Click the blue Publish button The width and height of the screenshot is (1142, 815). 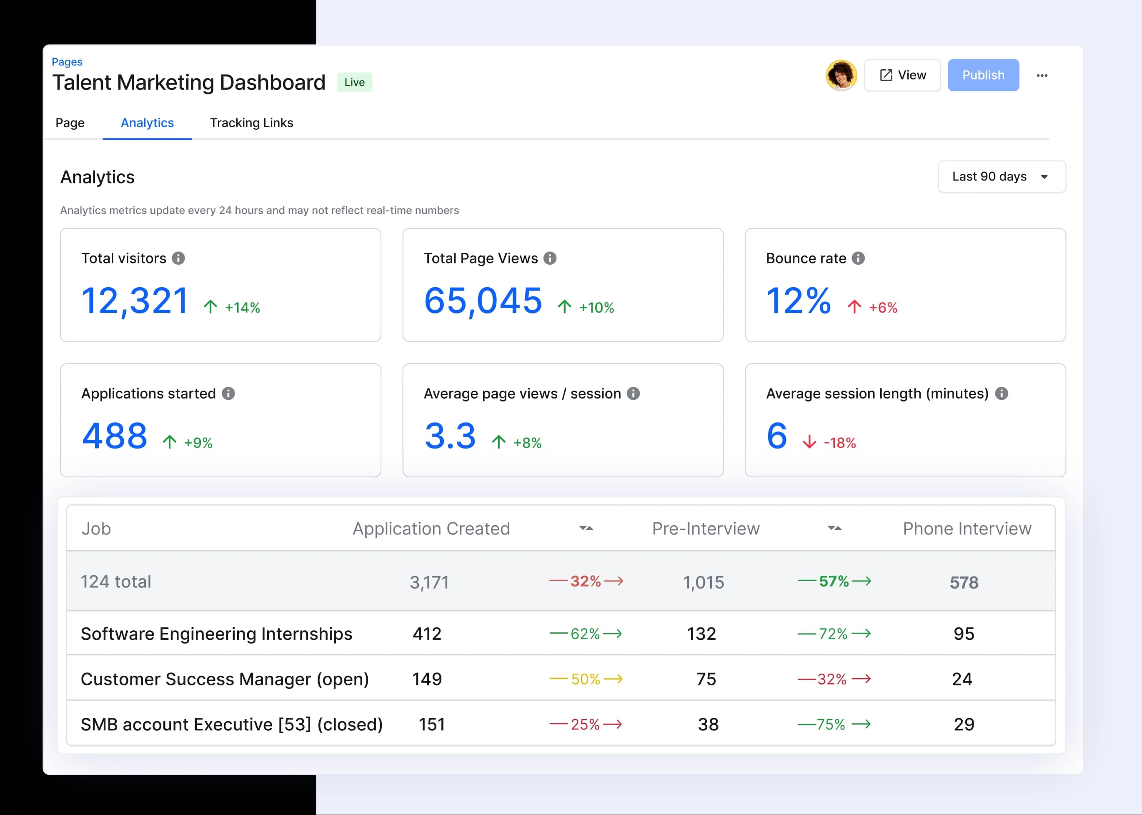coord(982,75)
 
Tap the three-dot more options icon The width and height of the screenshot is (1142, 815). coord(1042,76)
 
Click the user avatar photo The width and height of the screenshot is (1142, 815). coord(841,75)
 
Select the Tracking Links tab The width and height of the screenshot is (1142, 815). coord(251,123)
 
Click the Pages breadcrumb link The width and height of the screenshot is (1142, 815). coord(67,62)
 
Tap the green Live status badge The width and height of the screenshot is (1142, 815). coord(354,82)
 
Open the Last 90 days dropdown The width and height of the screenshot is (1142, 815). coord(1001,177)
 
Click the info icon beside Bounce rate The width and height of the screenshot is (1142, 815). coord(858,258)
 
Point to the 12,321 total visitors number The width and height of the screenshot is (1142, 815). coord(135,301)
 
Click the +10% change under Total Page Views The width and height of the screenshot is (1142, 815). coord(596,308)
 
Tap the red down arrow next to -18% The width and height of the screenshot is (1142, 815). coord(809,442)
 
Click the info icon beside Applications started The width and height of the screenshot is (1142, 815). coord(228,394)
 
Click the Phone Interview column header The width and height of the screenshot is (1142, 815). coord(967,529)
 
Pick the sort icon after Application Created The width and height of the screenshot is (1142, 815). coord(586,528)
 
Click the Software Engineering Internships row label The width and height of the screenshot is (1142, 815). coord(216,634)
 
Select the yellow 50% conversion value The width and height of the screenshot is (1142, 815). coord(585,679)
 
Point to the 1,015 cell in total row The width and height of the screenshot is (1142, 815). coord(703,582)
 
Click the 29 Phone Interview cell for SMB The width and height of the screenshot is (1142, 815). coord(963,724)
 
